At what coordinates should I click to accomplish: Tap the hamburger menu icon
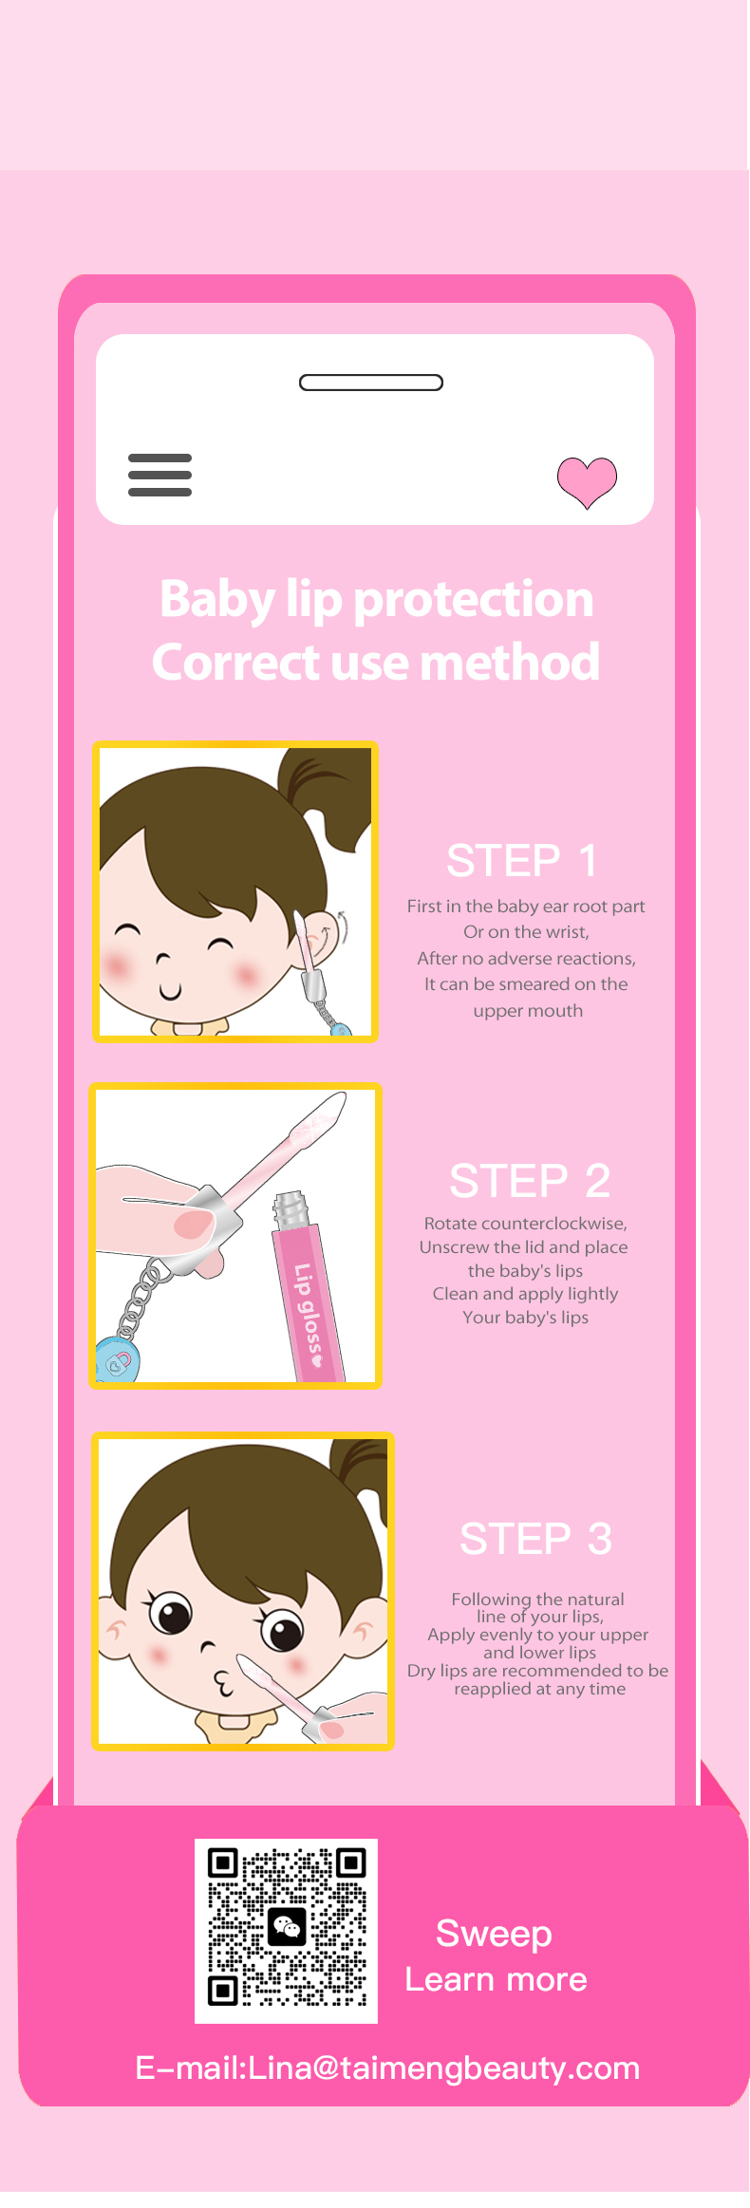pos(159,475)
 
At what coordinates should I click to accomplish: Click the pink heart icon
pos(587,481)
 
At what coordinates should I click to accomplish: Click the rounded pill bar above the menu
pos(371,383)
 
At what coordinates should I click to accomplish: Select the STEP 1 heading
pos(522,861)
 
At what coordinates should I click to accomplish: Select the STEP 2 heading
pos(530,1181)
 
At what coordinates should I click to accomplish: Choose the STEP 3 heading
pos(535,1539)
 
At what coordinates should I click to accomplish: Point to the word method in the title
pos(510,662)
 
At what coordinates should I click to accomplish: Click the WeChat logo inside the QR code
pos(287,1926)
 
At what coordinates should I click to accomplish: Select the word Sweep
pos(494,1934)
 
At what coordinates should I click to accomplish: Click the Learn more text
pos(496,1979)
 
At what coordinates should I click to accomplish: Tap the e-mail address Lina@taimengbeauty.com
pos(443,2068)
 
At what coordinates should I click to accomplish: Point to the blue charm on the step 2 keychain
pos(119,1359)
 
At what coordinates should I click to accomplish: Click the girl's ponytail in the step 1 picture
pos(328,793)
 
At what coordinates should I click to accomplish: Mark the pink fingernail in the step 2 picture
pos(194,1224)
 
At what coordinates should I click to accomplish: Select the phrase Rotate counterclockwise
pos(525,1224)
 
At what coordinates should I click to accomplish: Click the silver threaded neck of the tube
pos(291,1209)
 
